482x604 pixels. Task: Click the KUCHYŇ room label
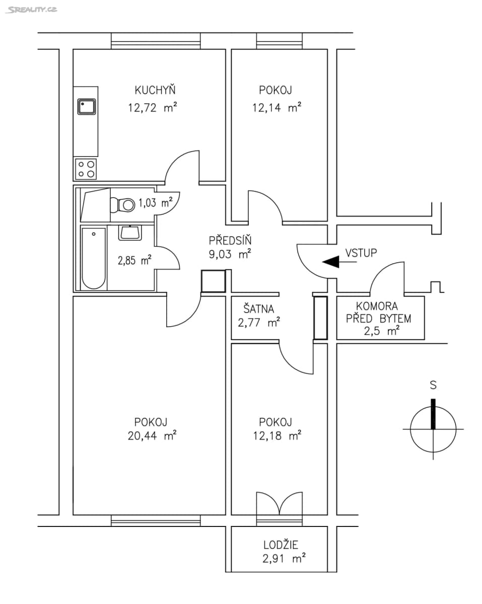155,91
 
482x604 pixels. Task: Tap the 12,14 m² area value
276,107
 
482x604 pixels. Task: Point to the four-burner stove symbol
86,169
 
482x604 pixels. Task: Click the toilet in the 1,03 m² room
122,204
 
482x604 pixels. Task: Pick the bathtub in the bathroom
94,258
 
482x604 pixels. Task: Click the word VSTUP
361,253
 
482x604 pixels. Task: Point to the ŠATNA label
259,308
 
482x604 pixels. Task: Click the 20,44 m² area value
151,436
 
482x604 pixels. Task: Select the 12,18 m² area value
277,436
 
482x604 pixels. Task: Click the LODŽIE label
281,545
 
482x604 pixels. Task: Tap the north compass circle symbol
433,429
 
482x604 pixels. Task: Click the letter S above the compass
433,386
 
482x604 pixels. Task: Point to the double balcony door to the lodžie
279,503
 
